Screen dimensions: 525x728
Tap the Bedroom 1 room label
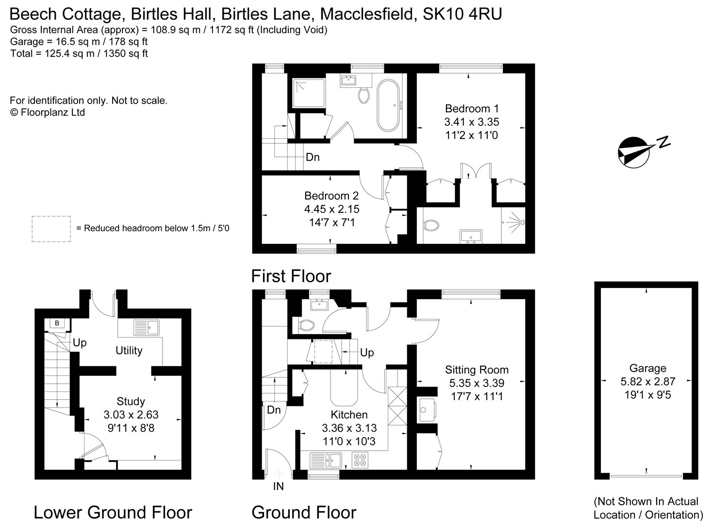coord(472,108)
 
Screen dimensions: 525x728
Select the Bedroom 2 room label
coord(331,196)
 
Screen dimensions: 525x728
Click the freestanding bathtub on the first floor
coord(388,106)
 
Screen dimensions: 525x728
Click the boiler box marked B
coord(57,323)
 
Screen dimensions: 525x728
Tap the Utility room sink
coord(146,327)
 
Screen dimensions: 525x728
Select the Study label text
coord(131,401)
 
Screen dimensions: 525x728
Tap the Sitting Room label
coord(477,370)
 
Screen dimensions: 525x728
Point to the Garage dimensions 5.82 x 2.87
coord(647,382)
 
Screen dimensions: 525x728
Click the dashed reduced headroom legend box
coord(51,229)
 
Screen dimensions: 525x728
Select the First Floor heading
coord(291,276)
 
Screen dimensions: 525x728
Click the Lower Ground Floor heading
coord(113,512)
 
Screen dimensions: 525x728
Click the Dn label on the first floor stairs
coord(313,157)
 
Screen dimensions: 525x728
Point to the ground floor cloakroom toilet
coord(307,325)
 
